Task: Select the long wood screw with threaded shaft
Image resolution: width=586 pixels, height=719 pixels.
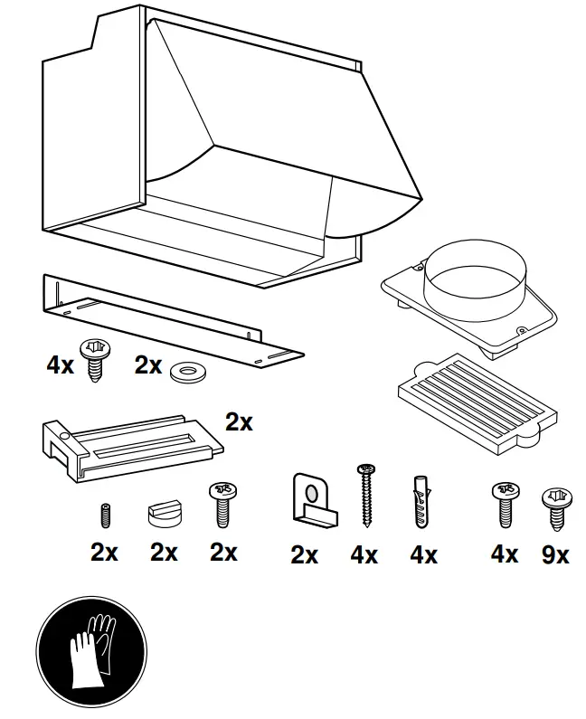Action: pos(366,495)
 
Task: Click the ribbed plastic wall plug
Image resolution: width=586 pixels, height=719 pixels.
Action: pos(420,503)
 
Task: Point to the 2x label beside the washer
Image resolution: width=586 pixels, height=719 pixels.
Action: pos(147,365)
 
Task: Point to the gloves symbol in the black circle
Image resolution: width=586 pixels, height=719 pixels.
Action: pos(90,654)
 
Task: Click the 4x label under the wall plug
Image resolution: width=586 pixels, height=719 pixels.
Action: pos(423,554)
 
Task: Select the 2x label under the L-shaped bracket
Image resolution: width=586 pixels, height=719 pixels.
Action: pos(305,555)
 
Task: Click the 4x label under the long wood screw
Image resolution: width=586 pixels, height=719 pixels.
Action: pos(364,554)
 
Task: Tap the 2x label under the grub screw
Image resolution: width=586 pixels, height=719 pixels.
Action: pos(104,552)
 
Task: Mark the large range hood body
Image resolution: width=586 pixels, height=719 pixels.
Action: pos(226,154)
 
